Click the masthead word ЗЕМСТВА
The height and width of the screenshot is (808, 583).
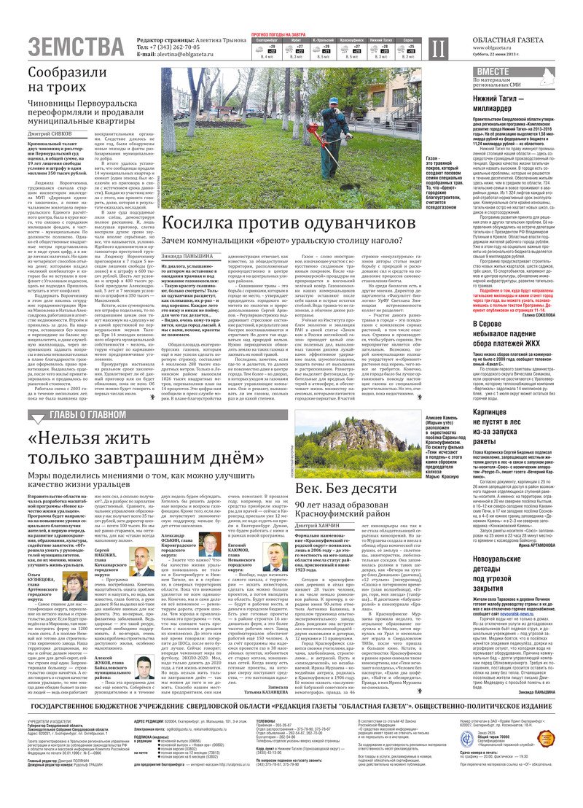click(x=76, y=47)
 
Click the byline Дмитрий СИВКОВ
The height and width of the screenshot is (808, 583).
click(x=49, y=134)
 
